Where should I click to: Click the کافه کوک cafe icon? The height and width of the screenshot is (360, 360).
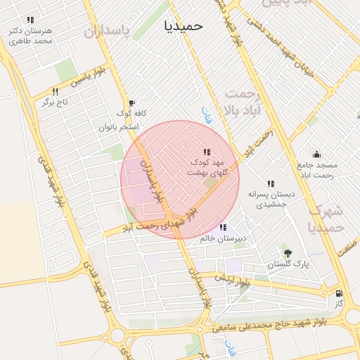131,103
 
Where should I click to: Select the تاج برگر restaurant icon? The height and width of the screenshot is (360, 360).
55,92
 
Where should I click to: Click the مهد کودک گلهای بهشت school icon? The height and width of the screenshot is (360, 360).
207,152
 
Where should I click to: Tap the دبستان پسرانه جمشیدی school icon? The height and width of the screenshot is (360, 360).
271,184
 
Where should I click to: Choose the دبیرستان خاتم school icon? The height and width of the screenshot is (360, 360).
223,227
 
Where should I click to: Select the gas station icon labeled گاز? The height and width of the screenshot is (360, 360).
340,293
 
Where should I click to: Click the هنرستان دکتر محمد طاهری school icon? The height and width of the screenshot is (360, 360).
30,20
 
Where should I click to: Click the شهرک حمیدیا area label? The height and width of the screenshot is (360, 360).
326,219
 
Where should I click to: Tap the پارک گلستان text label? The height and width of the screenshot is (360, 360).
287,265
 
